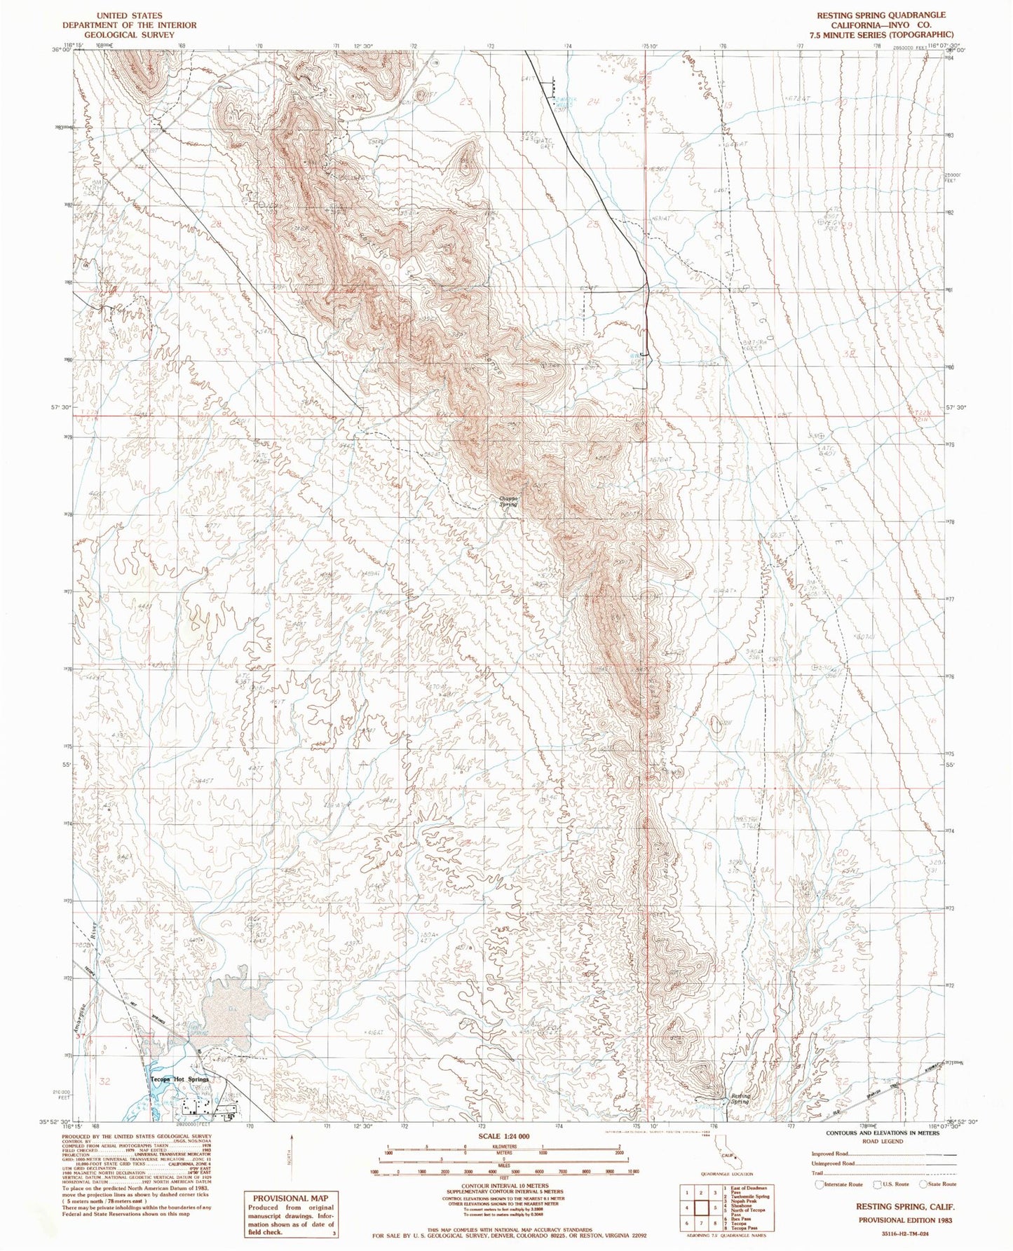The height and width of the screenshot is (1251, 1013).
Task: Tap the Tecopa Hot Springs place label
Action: point(180,1079)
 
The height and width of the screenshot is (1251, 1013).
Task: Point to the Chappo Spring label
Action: point(508,502)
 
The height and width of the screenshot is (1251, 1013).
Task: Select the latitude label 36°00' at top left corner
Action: point(61,50)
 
